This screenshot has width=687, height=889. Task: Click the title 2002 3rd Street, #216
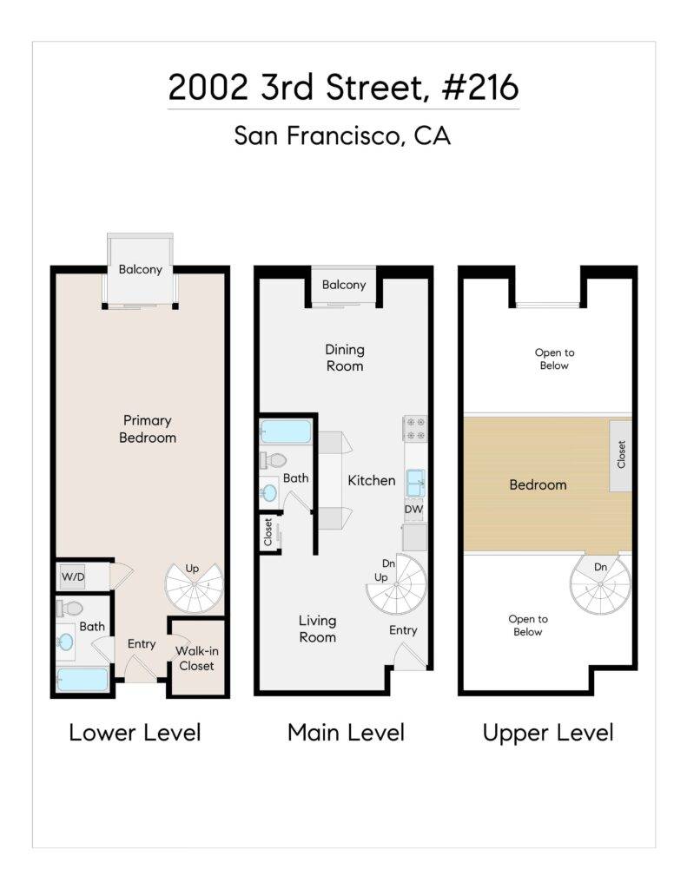[x=343, y=88]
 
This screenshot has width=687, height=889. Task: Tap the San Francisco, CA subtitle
[x=343, y=136]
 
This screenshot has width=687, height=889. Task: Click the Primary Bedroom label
[x=148, y=429]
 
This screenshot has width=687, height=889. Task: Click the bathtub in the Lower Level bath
[x=83, y=679]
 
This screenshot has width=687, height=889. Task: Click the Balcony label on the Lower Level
[x=141, y=269]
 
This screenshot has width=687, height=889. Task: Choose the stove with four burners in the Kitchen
[x=414, y=428]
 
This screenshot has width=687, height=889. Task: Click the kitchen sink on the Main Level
[x=415, y=482]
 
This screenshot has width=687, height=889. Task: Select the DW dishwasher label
[x=414, y=510]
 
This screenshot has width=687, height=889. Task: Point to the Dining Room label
[x=345, y=358]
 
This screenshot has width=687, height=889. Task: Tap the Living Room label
[x=318, y=629]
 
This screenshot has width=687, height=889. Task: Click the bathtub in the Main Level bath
[x=285, y=431]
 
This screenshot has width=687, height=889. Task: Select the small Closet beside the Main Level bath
[x=268, y=532]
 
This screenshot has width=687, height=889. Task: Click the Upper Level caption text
[x=548, y=733]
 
